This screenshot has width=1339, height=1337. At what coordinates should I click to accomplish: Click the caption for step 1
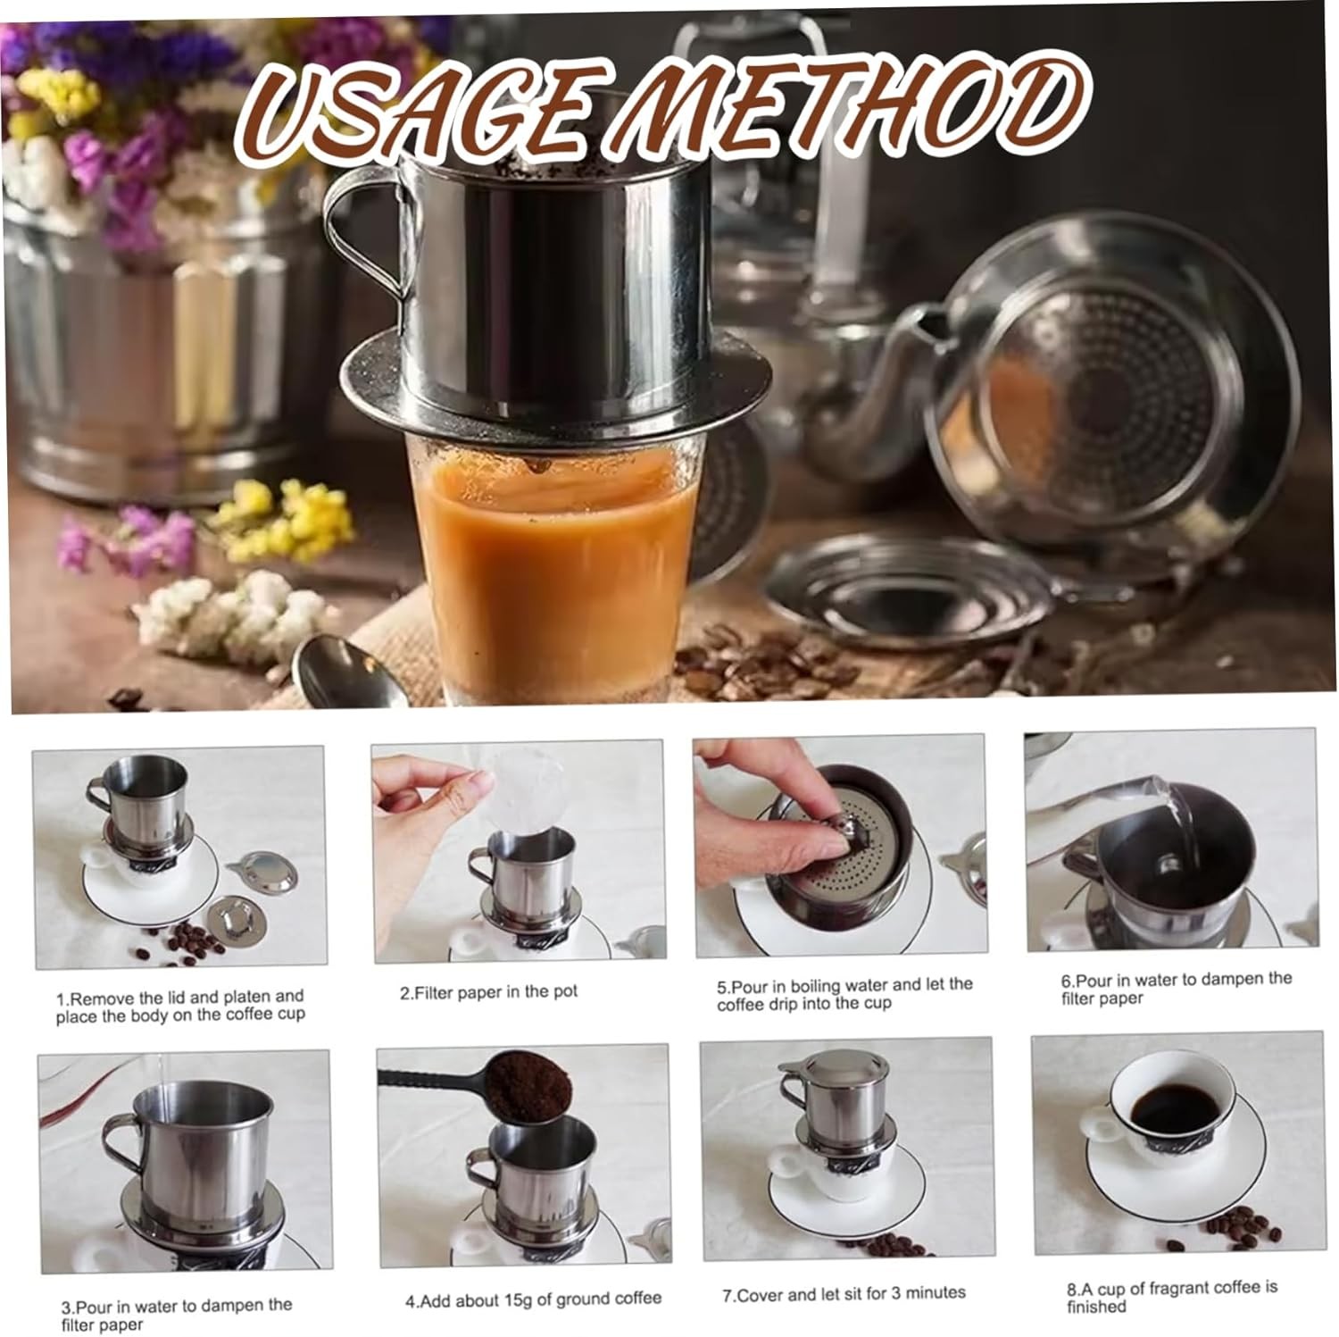click(179, 1006)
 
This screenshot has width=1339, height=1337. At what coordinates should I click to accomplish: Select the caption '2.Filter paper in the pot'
click(488, 992)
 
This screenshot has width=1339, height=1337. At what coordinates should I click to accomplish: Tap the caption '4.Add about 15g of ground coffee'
click(533, 1299)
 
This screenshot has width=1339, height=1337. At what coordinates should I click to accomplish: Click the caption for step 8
click(1172, 1297)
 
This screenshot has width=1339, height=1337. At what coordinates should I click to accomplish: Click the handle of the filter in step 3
click(121, 1143)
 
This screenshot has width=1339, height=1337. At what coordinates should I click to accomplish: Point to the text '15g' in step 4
click(505, 1299)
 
